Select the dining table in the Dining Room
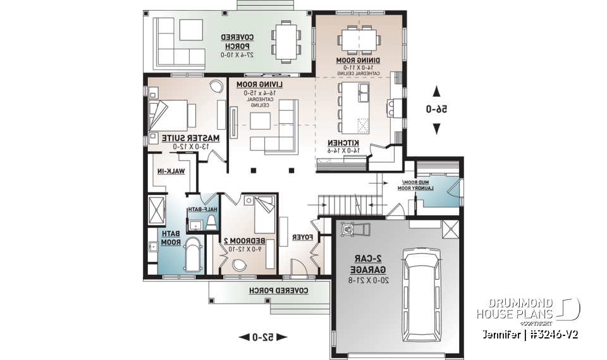(x=358, y=39)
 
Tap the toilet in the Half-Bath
(x=211, y=221)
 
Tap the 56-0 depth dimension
(x=436, y=109)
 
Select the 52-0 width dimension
(x=262, y=337)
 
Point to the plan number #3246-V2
(x=555, y=333)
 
